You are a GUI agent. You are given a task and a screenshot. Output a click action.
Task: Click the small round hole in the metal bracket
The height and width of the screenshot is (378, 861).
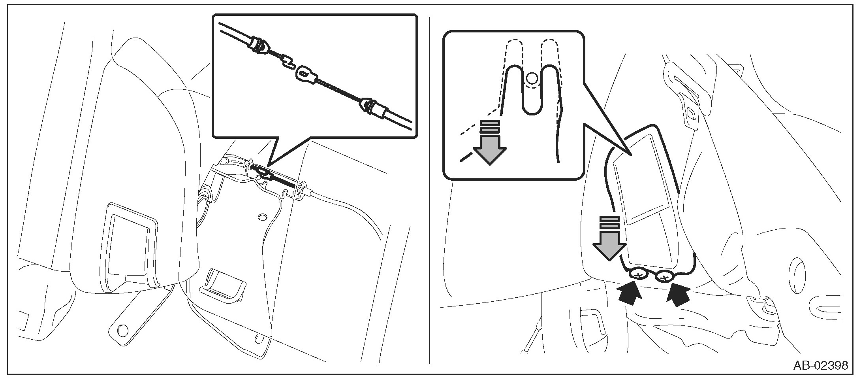[x=261, y=217]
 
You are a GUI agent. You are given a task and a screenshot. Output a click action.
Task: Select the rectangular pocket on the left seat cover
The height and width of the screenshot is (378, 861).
[x=129, y=245]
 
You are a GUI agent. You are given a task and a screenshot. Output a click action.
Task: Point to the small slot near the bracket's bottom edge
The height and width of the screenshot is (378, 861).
[x=259, y=339]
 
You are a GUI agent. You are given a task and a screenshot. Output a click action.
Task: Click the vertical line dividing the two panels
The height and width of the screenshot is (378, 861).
[x=430, y=190]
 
